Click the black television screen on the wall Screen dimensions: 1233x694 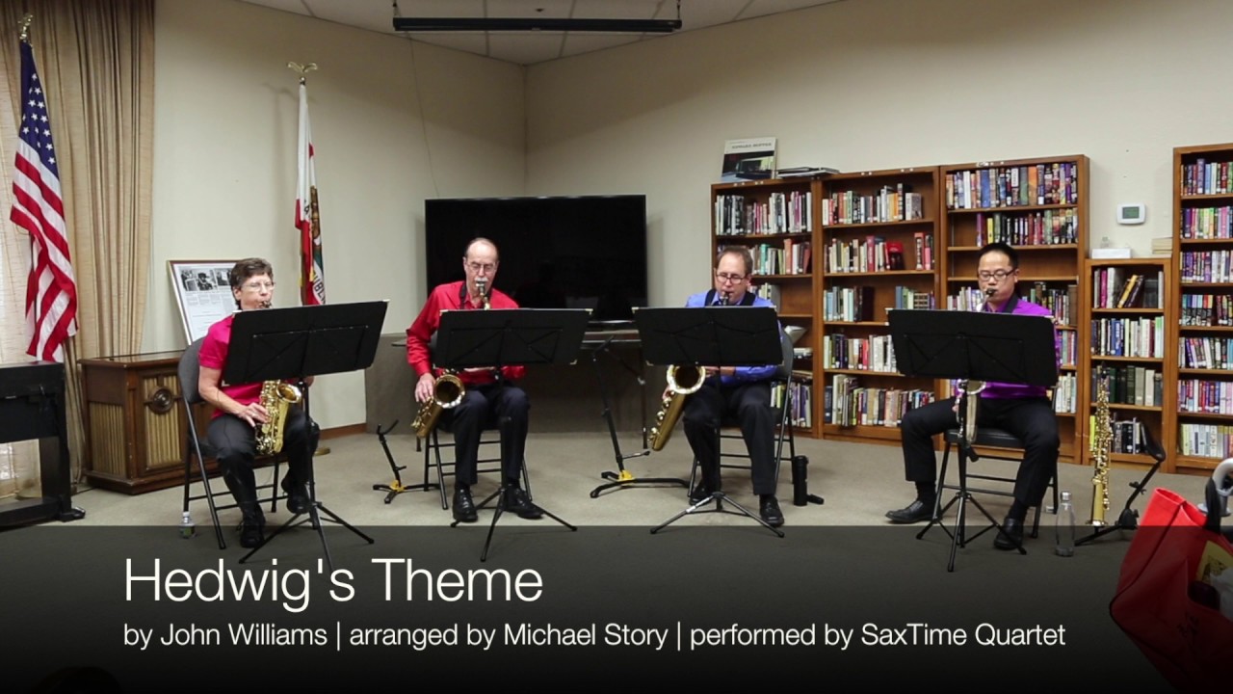pos(536,257)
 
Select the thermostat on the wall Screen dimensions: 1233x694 pos(1131,213)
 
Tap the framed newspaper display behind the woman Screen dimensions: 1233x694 pos(203,300)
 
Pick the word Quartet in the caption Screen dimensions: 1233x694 pos(1020,635)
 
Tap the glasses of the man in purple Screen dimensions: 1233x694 pos(996,275)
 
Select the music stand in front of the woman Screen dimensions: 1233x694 pos(304,341)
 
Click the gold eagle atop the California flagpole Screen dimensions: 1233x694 pos(302,68)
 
